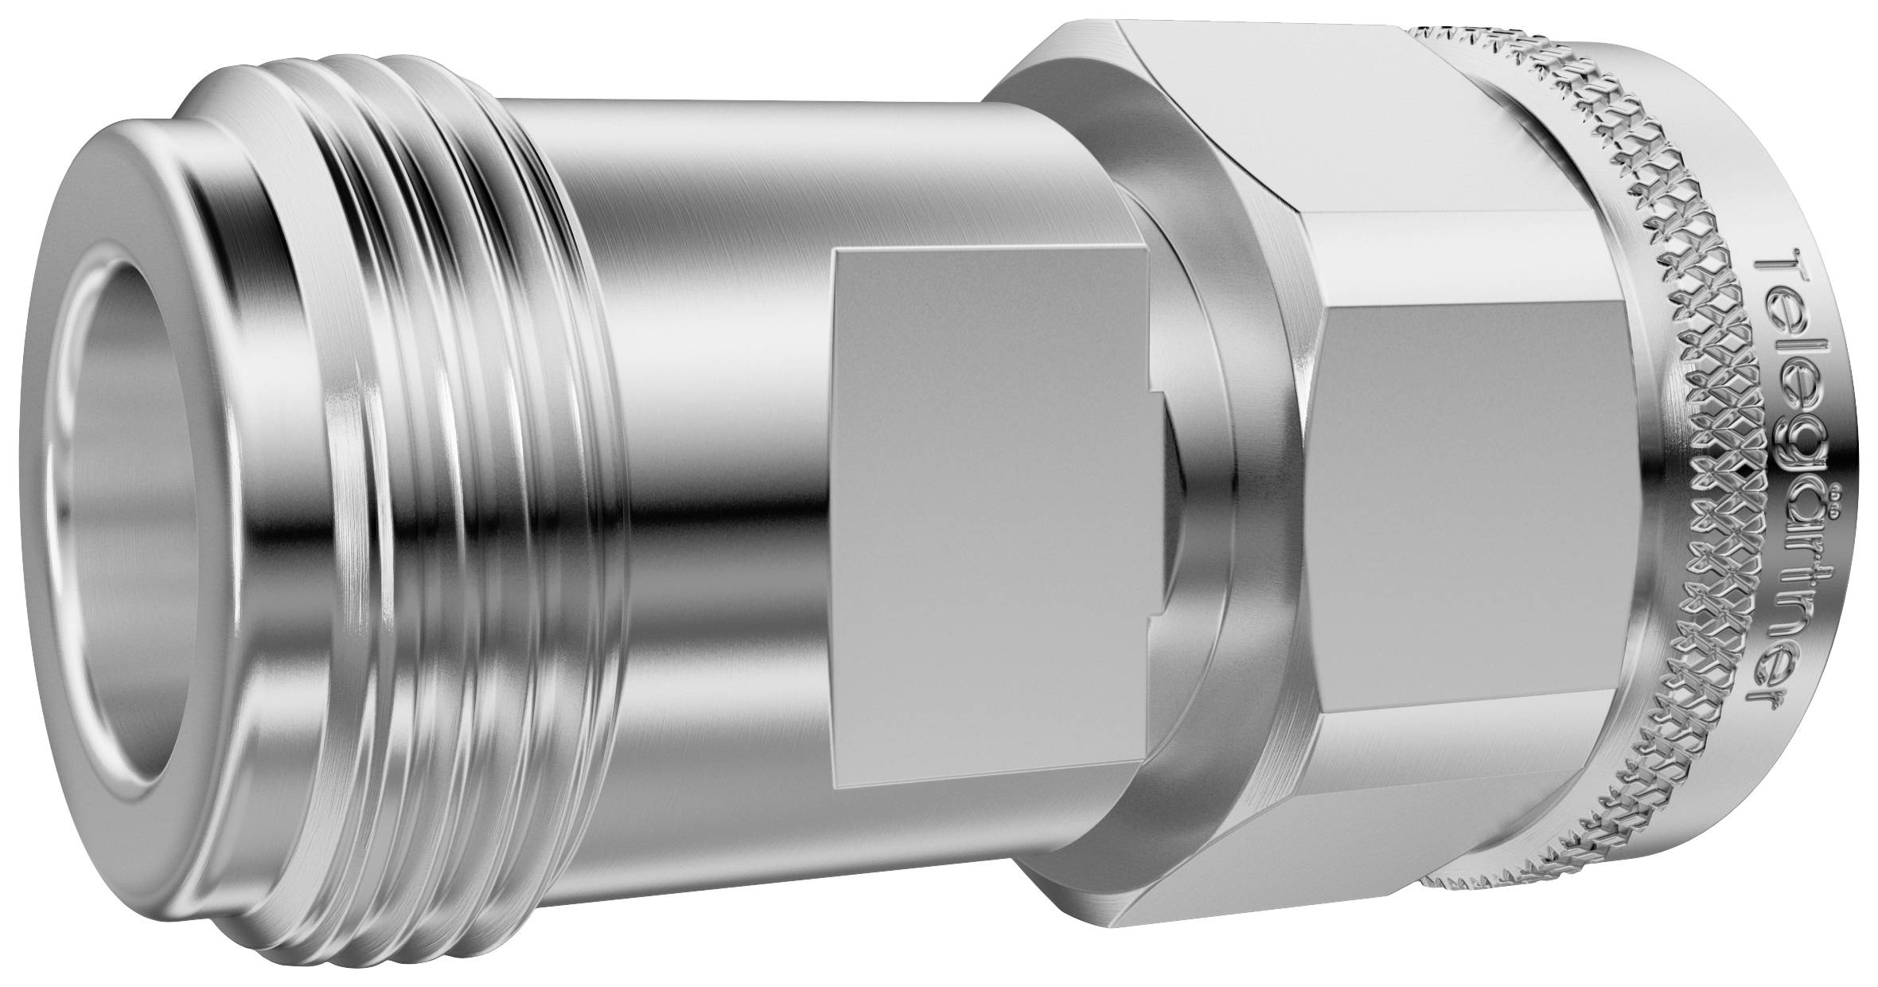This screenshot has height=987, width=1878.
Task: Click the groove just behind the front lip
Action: pyautogui.click(x=263, y=494)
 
